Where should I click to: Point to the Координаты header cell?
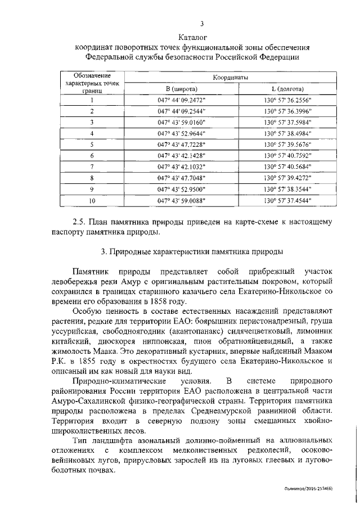tap(231, 77)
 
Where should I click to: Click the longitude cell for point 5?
tap(287, 144)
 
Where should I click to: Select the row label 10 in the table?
tap(92, 200)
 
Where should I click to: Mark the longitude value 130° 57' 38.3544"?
tap(287, 188)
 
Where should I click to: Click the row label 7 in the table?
tap(92, 166)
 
